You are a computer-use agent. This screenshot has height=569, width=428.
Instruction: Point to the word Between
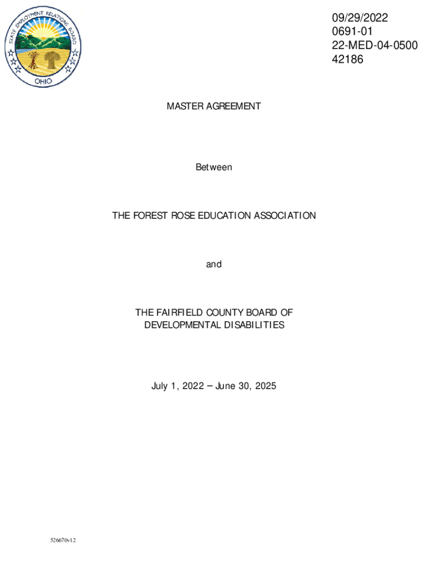(213, 167)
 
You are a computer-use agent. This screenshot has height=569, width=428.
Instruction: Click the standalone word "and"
(213, 264)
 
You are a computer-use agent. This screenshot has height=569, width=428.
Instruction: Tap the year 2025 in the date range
(264, 386)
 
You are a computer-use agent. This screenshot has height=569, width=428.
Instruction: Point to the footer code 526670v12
(62, 540)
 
